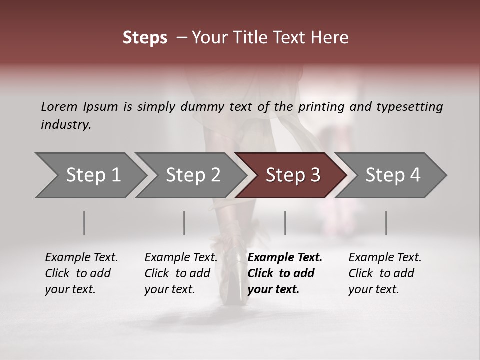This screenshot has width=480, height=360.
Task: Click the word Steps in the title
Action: pos(145,38)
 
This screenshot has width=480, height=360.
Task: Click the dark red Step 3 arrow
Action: pos(293,175)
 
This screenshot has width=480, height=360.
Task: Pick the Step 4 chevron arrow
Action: pos(393,175)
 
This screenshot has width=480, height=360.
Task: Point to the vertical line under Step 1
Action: pos(84,223)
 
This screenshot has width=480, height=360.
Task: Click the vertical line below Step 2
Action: pos(184,223)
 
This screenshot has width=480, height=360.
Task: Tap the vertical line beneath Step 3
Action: pos(285,223)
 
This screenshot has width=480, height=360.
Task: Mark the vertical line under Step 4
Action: pos(386,223)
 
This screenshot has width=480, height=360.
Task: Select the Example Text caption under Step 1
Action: pos(81,273)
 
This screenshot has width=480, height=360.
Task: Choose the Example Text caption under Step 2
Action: pos(181,273)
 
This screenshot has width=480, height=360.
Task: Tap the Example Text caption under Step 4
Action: pos(385,273)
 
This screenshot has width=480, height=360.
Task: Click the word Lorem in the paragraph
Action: pos(59,107)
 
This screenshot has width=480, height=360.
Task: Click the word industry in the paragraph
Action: pos(66,125)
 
